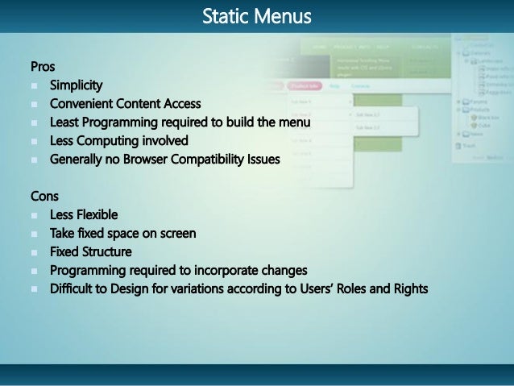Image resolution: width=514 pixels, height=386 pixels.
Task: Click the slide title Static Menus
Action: point(256,15)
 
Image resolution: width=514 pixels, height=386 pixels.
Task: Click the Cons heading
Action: point(44,197)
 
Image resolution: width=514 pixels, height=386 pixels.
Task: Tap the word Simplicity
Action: point(76,85)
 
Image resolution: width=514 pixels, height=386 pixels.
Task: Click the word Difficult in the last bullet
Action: point(73,289)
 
